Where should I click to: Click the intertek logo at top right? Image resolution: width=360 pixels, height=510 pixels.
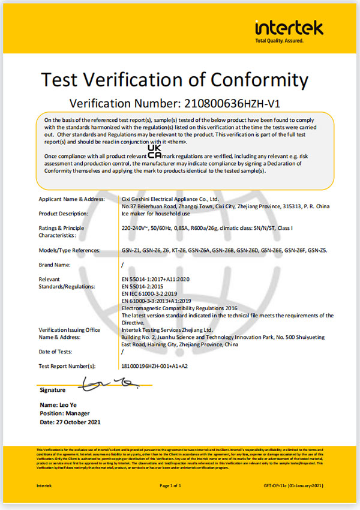click(x=289, y=28)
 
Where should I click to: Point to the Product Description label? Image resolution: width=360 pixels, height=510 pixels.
click(x=64, y=213)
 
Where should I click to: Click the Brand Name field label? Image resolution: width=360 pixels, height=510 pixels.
click(x=55, y=265)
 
